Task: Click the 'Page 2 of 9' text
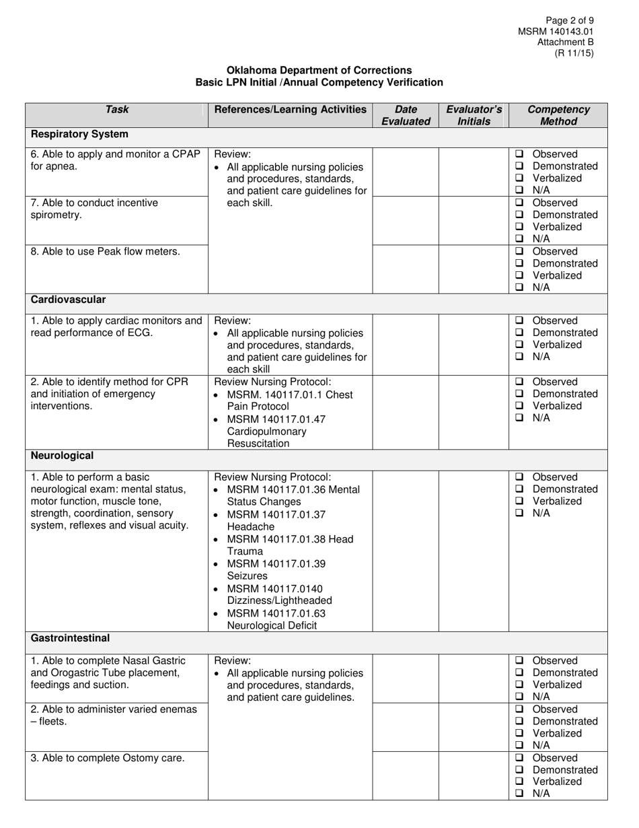pyautogui.click(x=570, y=21)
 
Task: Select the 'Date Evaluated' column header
pyautogui.click(x=406, y=115)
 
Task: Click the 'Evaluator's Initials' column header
pyautogui.click(x=474, y=115)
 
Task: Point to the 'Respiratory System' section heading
pyautogui.click(x=79, y=134)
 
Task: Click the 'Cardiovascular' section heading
pyautogui.click(x=68, y=300)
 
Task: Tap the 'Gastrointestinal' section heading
pyautogui.click(x=70, y=638)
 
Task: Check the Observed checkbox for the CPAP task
pyautogui.click(x=519, y=154)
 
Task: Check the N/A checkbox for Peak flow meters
pyautogui.click(x=519, y=287)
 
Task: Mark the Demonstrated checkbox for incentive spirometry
pyautogui.click(x=519, y=215)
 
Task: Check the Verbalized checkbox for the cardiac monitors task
pyautogui.click(x=519, y=345)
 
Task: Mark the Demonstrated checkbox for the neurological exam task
pyautogui.click(x=519, y=489)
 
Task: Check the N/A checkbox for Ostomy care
pyautogui.click(x=519, y=794)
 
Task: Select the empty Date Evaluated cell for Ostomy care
pyautogui.click(x=406, y=775)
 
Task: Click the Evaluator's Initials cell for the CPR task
pyautogui.click(x=474, y=412)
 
